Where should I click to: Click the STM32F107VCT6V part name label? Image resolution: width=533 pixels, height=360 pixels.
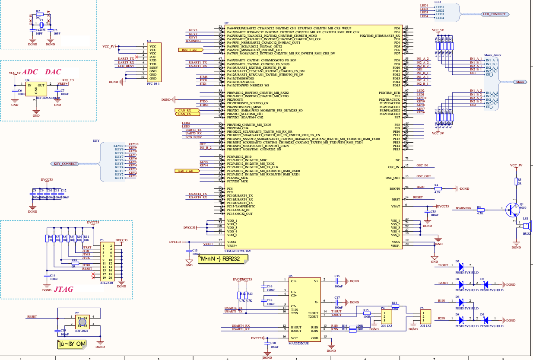(238, 251)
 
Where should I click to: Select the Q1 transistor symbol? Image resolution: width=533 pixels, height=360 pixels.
(513, 210)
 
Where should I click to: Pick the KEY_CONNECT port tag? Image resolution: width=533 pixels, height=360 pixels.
(66, 164)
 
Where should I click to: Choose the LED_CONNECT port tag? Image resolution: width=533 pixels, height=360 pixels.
(494, 14)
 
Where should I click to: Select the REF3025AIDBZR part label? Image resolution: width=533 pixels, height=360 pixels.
(48, 99)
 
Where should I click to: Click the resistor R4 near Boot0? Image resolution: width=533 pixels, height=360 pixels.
(437, 188)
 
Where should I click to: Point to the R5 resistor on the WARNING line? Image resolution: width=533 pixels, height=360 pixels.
(480, 210)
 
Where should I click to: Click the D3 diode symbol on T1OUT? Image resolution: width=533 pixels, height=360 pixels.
(461, 265)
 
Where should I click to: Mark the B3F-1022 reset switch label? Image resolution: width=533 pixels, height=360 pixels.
(82, 331)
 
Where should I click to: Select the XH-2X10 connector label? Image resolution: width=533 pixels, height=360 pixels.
(107, 283)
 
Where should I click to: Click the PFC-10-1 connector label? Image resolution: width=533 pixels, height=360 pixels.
(153, 84)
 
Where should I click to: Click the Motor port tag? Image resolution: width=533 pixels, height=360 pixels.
(520, 81)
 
